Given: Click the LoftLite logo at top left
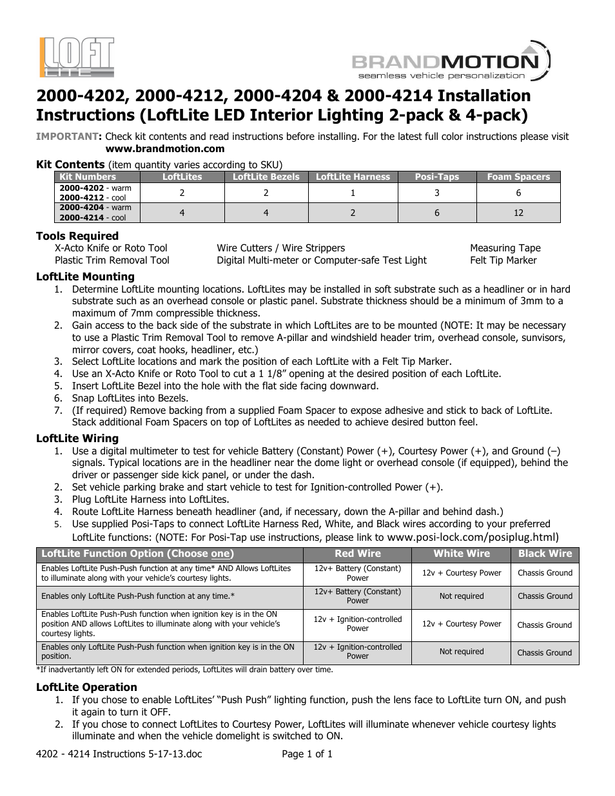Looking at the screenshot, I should click(77, 57).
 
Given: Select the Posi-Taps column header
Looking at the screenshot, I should click(437, 177).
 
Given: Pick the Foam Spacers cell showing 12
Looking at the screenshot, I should click(518, 213).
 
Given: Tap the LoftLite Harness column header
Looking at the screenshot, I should click(353, 177).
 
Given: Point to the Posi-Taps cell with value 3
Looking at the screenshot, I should click(437, 193).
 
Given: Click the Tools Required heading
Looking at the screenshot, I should click(77, 236).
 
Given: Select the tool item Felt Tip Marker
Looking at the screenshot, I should click(503, 260).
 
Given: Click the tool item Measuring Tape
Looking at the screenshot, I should click(505, 248).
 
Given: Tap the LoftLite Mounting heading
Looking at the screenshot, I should click(85, 277).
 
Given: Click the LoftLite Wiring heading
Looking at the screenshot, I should click(77, 438).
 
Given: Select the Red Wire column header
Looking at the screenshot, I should click(357, 554).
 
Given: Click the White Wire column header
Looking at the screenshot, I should click(461, 554).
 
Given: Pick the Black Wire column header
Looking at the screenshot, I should click(545, 554).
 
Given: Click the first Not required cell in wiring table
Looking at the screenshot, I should click(461, 596).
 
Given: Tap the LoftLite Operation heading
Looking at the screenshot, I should click(86, 687).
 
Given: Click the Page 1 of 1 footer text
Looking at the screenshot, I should click(307, 753).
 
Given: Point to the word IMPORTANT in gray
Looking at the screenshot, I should click(67, 137).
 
